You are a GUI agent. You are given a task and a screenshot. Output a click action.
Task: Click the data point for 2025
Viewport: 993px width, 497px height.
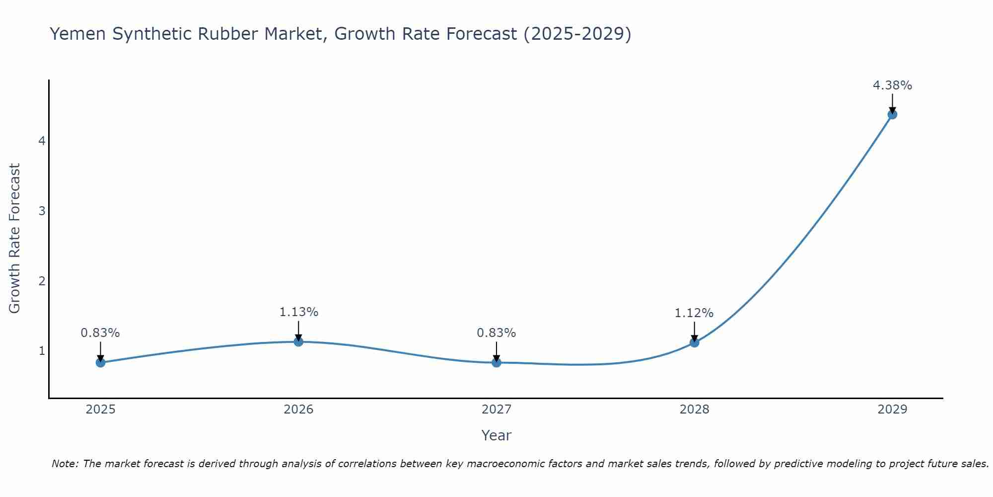pos(100,362)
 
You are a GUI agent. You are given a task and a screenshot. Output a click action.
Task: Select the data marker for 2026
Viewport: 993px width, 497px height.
pos(298,341)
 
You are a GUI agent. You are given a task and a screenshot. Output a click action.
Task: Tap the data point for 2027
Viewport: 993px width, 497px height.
pos(496,362)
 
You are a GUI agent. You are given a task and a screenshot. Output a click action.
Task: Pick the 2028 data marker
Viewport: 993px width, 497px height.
pos(694,342)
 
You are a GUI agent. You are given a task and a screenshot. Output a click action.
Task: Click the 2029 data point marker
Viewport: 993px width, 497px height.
pos(892,114)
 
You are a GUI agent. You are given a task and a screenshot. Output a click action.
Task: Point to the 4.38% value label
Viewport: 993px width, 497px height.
pos(892,85)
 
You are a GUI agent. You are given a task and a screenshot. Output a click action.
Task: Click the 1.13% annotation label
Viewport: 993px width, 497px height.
pos(298,312)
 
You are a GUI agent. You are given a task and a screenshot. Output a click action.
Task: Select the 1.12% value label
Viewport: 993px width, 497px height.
pos(694,313)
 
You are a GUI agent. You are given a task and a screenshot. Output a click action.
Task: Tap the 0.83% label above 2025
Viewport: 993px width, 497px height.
pos(100,333)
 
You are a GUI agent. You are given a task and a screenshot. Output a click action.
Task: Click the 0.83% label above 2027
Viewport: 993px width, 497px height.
pos(496,333)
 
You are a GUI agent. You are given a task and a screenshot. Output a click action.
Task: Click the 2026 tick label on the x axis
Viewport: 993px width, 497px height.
pos(298,410)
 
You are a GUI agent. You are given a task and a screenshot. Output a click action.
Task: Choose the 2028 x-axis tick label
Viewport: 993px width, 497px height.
pos(694,410)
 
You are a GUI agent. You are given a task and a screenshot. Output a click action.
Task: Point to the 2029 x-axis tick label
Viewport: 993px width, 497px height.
pos(892,410)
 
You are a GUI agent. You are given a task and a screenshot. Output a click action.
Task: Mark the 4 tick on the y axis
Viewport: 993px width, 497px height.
pos(42,141)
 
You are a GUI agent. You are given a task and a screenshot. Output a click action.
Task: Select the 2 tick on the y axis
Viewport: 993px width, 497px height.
pos(42,281)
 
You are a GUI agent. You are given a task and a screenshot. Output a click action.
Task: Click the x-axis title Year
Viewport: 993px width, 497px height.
pos(496,435)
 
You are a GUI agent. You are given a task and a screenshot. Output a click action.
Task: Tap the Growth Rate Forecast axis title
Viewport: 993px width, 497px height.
pos(15,239)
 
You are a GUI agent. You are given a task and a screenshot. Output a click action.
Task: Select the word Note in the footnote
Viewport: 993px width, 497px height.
pos(65,464)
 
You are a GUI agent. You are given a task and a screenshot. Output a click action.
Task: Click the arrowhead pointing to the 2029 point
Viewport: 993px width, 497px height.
pos(892,110)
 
